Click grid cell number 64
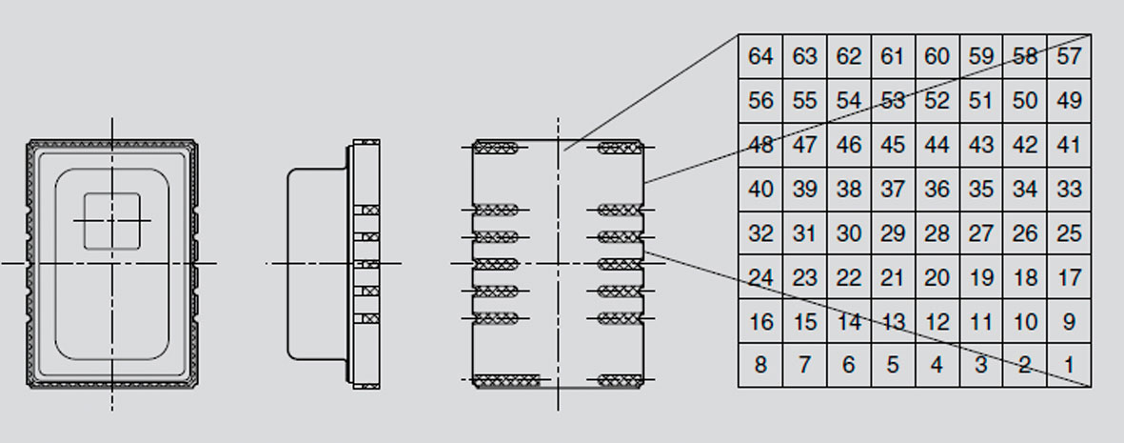pos(760,56)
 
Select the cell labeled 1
pos(1070,366)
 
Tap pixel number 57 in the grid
pos(1070,56)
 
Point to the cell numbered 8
pos(760,366)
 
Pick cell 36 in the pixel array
pos(937,189)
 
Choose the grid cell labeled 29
pos(893,233)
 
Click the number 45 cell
pos(893,145)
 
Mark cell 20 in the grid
pos(937,277)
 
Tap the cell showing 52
pos(937,101)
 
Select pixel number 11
pos(981,322)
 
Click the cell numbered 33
pos(1070,189)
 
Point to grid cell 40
pos(760,189)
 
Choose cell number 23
pos(805,277)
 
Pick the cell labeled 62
pos(849,56)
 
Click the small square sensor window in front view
pos(111,221)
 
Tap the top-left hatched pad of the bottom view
pos(496,148)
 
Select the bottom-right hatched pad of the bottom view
pos(620,380)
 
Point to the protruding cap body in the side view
pos(318,264)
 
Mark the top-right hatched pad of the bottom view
pos(620,148)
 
